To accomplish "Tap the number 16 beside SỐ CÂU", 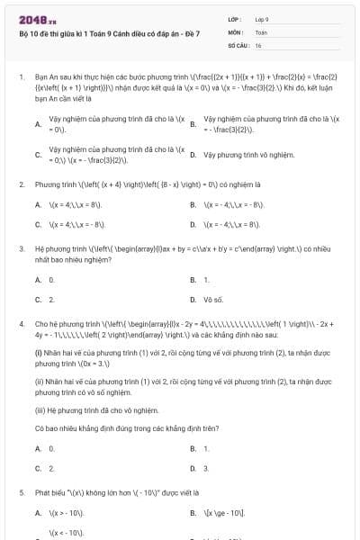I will click(258, 43).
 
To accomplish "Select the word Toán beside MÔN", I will click(261, 31).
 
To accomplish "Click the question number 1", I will click(21, 78).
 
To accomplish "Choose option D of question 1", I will click(193, 155).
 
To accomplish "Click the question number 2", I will click(21, 184).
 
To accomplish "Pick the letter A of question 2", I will click(38, 206).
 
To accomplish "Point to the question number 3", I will click(21, 247).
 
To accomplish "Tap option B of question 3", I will click(193, 280).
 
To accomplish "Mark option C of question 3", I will click(38, 298).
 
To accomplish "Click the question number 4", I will click(21, 322).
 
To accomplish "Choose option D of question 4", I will click(193, 469).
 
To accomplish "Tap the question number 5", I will click(21, 492).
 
